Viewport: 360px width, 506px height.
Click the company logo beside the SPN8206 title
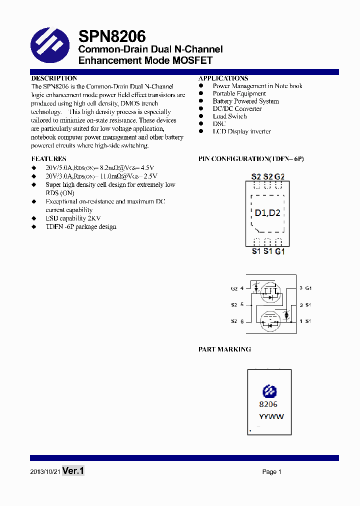[50, 47]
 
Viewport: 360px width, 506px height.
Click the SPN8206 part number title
[112, 36]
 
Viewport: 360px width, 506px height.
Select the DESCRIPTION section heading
[54, 78]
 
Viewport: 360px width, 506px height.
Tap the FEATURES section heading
[48, 159]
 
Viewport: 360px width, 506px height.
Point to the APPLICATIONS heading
[223, 78]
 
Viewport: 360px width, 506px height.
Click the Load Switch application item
[229, 116]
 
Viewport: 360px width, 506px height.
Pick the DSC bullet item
[219, 124]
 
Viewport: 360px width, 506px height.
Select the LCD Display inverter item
[241, 131]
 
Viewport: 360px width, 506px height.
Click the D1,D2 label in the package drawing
[267, 213]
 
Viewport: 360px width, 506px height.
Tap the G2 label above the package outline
[279, 176]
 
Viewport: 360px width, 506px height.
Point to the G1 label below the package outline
[280, 251]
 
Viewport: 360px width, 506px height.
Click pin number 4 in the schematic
[242, 288]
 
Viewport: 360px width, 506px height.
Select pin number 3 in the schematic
[301, 288]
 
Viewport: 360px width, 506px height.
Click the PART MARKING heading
[224, 349]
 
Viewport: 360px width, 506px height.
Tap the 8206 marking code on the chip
[268, 404]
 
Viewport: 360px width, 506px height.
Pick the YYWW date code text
[271, 417]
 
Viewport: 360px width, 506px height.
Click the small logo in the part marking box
[269, 391]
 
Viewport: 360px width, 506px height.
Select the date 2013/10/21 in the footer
[45, 471]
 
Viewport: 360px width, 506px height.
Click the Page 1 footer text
[272, 471]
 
